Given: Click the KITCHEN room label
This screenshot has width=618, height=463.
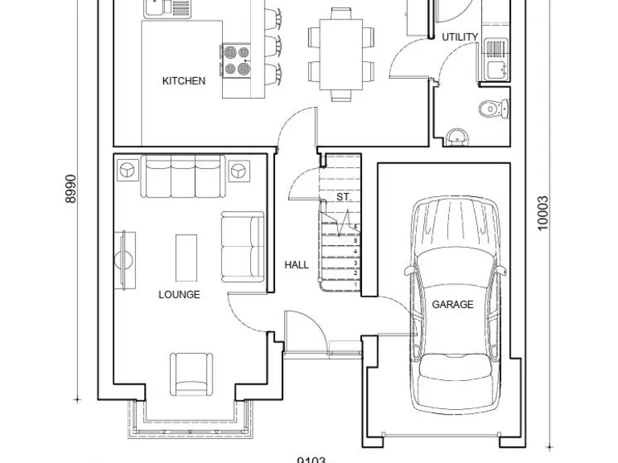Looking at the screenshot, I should click(x=183, y=81).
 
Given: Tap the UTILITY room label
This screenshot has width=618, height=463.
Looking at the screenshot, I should click(x=459, y=37).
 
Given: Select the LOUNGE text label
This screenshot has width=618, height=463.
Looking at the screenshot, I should click(x=179, y=295).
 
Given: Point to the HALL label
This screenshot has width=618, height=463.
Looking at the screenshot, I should click(x=296, y=264).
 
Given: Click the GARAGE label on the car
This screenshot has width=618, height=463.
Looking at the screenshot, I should click(x=452, y=305).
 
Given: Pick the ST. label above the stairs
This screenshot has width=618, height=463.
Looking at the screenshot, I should click(x=344, y=197).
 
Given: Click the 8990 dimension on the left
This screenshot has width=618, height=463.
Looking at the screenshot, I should click(x=71, y=189).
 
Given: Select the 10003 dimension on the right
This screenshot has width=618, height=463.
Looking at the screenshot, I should click(x=542, y=214).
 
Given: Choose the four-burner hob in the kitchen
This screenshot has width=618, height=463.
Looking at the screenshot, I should click(x=236, y=60).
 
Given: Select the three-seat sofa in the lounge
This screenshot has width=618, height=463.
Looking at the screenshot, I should click(x=183, y=177).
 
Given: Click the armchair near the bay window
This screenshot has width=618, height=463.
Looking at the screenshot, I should click(x=190, y=373).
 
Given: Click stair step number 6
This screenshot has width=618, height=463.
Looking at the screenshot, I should click(x=355, y=227).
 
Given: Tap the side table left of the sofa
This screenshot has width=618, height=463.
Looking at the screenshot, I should click(x=128, y=170).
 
